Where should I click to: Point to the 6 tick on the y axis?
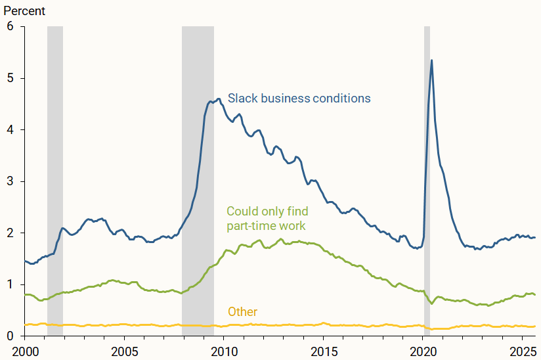point(10,27)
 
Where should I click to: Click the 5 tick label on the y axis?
point(10,78)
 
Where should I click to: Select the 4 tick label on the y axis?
point(10,129)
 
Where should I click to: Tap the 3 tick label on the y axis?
point(10,181)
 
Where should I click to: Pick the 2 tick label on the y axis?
point(10,233)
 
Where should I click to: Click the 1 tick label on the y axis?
point(10,284)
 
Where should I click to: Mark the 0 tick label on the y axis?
point(10,336)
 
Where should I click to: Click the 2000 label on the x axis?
point(24,349)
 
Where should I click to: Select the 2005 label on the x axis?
point(124,349)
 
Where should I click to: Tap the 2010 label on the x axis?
point(224,349)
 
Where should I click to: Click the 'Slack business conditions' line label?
point(299,99)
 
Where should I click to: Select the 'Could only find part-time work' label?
point(267,218)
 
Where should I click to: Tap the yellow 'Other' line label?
point(242,312)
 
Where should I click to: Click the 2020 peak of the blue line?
point(431,60)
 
